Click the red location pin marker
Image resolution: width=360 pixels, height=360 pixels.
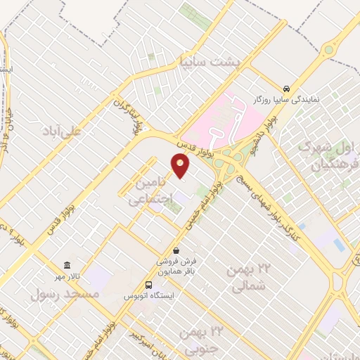(x=181, y=166)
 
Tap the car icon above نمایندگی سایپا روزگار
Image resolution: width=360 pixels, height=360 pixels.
(x=287, y=89)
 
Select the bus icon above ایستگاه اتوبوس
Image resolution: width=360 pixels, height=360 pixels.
(x=148, y=285)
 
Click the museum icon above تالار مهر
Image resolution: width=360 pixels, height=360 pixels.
(x=67, y=265)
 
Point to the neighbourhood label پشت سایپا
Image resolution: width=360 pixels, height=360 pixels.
(x=210, y=61)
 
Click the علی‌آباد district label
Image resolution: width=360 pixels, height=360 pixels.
(x=63, y=131)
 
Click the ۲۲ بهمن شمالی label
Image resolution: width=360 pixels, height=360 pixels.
(x=246, y=276)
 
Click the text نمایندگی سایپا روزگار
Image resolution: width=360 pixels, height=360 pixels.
(x=286, y=100)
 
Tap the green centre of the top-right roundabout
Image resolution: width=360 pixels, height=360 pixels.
(x=328, y=50)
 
